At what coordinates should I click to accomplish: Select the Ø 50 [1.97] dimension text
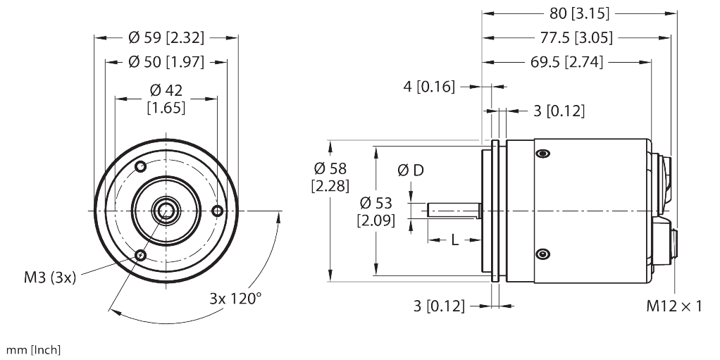166,63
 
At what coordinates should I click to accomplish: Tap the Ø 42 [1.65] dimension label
166,99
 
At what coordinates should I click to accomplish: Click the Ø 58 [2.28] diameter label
329,177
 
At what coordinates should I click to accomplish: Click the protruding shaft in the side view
454,210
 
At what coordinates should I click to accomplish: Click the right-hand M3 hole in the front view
218,211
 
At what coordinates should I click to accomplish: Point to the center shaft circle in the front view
166,210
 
